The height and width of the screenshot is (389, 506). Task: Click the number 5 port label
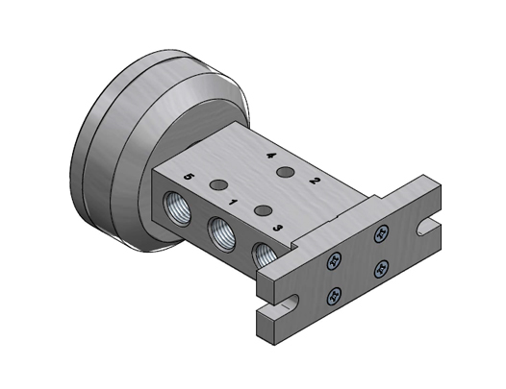(x=189, y=178)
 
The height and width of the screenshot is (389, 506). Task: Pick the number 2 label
(x=314, y=180)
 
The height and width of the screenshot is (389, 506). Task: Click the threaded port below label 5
(x=180, y=208)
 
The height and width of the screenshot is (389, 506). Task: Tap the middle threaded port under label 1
(x=222, y=232)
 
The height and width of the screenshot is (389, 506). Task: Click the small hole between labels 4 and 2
(x=284, y=173)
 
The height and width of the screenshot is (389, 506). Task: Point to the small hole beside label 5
(x=218, y=184)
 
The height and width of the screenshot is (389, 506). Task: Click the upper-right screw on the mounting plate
(x=382, y=231)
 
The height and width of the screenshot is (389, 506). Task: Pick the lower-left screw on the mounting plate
(x=335, y=295)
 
